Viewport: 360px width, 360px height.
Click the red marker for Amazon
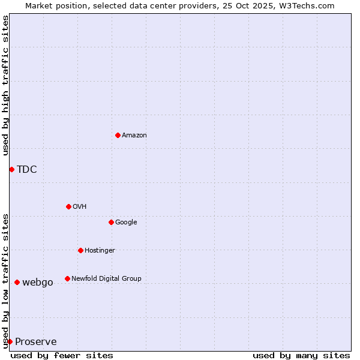(x=118, y=135)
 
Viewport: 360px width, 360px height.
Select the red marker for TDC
(x=11, y=169)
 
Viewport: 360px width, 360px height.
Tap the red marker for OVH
(x=68, y=206)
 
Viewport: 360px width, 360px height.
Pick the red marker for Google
(x=111, y=222)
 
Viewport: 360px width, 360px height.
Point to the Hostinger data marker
(x=80, y=250)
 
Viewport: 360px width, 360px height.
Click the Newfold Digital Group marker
(x=67, y=278)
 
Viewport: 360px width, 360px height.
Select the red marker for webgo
(x=17, y=282)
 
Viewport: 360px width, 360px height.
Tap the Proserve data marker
(x=10, y=341)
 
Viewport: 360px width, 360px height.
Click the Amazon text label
(x=134, y=136)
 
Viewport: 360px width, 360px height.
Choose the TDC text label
(x=27, y=170)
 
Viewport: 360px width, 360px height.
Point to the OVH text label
(x=80, y=207)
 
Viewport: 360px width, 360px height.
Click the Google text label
(x=126, y=223)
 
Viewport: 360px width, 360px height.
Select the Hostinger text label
(x=100, y=251)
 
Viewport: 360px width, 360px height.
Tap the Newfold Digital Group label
(x=106, y=279)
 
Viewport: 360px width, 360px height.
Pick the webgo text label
(x=38, y=283)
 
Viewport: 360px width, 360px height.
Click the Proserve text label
(x=36, y=342)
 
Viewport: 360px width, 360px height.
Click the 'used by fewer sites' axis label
(x=62, y=356)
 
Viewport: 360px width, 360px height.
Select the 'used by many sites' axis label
(x=301, y=356)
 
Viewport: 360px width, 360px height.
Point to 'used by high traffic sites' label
(x=5, y=86)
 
